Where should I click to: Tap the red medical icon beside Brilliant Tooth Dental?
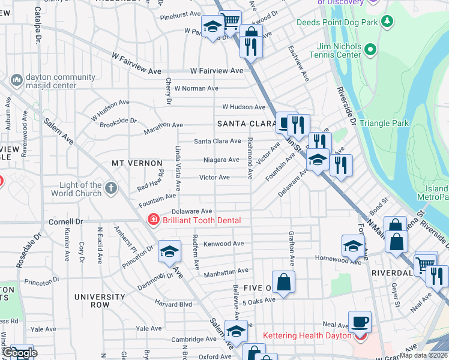click(x=153, y=220)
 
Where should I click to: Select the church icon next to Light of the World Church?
click(x=110, y=189)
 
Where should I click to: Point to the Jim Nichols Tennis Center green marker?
click(x=370, y=49)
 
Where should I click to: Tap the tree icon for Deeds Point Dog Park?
click(x=388, y=22)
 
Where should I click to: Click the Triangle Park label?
click(x=384, y=123)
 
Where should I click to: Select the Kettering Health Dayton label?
click(x=307, y=335)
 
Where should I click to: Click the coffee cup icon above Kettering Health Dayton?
click(x=360, y=321)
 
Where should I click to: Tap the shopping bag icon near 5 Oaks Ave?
click(x=283, y=281)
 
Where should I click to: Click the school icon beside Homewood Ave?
click(x=353, y=245)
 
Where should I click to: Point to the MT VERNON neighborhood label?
click(x=137, y=163)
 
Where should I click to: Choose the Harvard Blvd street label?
click(x=173, y=304)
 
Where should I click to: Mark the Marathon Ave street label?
click(x=163, y=125)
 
